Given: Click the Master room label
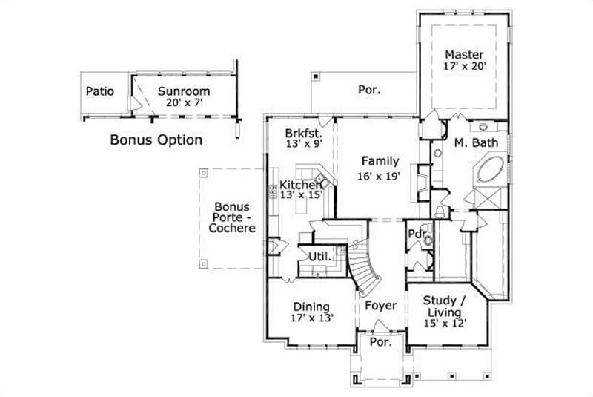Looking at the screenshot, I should click(465, 55).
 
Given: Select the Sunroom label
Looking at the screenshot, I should click(183, 91).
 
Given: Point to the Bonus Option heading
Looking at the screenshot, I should click(156, 139).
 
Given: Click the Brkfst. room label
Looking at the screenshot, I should click(302, 133).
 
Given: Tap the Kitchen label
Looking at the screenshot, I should click(300, 184).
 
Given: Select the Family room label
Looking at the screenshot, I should click(380, 161).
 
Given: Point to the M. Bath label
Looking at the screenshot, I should click(469, 142).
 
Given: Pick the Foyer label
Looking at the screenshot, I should click(380, 306).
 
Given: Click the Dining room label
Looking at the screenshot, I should click(311, 306).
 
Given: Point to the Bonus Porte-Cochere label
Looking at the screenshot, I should click(231, 217).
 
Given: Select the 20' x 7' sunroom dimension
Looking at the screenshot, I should click(183, 104).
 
